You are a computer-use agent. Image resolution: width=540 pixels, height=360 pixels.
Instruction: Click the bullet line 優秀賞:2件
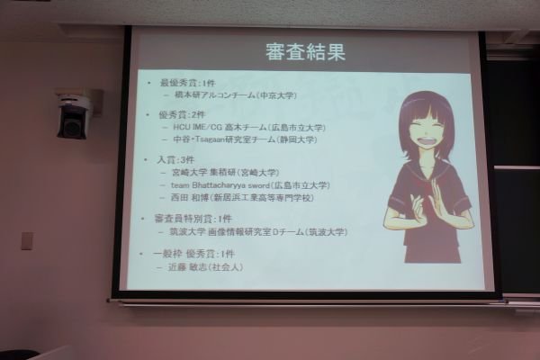coord(184,115)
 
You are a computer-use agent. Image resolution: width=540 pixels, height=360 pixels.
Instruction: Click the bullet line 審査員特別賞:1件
coord(193,219)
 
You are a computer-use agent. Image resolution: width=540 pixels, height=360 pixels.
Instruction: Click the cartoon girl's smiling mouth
coord(423,149)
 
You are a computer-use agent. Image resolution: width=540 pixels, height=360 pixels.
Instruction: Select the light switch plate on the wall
coord(27,240)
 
